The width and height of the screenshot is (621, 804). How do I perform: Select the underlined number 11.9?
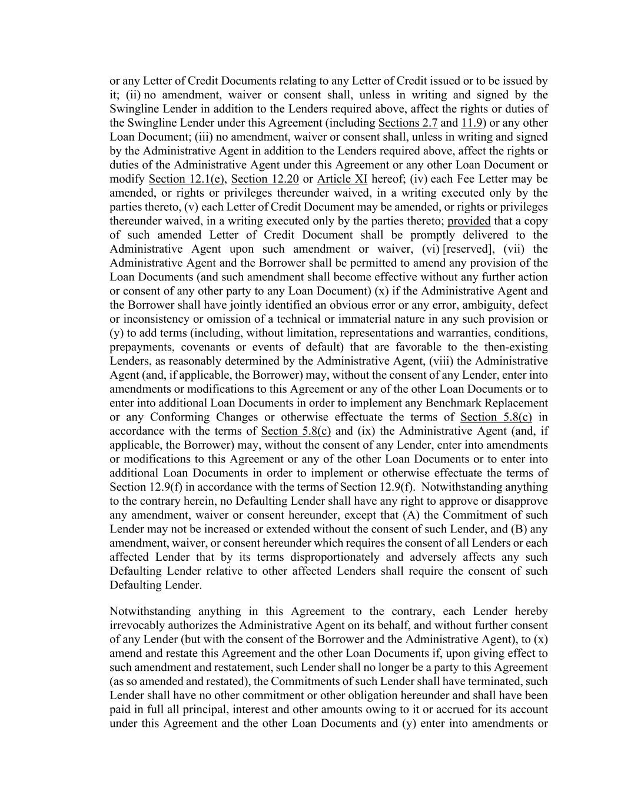pos(472,123)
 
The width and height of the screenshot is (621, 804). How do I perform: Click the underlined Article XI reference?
pos(342,179)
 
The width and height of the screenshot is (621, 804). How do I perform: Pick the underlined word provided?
pos(469,221)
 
